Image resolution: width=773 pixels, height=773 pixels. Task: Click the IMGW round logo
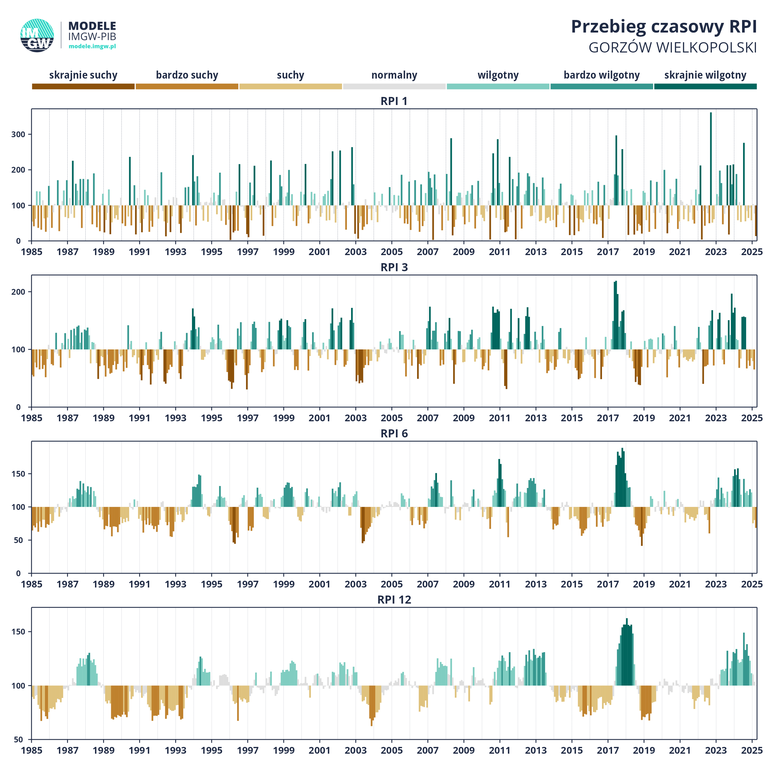[x=37, y=35]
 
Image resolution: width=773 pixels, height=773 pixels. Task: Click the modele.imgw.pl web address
[x=92, y=46]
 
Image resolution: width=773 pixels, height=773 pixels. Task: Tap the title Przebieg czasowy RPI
[x=664, y=27]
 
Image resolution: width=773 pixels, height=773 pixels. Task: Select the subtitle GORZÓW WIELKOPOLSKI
[x=673, y=48]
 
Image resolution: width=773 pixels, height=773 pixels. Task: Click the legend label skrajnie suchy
[x=83, y=75]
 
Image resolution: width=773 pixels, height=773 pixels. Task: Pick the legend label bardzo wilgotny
[x=602, y=75]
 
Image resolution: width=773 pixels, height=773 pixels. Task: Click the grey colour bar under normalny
[x=394, y=86]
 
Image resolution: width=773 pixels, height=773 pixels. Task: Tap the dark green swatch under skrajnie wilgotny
[x=705, y=86]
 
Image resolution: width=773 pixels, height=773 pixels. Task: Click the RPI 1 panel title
[x=394, y=101]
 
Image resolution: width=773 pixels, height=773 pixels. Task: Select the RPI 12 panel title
[x=394, y=600]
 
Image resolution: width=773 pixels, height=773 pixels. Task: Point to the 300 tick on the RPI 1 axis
[x=18, y=134]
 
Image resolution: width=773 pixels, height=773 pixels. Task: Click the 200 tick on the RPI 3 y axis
[x=18, y=292]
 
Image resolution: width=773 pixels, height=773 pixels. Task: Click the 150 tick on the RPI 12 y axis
[x=18, y=632]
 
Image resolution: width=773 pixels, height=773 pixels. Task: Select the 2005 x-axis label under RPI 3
[x=392, y=418]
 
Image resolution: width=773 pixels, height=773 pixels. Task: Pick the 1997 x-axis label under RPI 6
[x=248, y=584]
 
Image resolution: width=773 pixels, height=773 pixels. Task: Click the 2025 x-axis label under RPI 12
[x=752, y=750]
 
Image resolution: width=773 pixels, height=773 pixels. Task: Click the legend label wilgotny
[x=498, y=75]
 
